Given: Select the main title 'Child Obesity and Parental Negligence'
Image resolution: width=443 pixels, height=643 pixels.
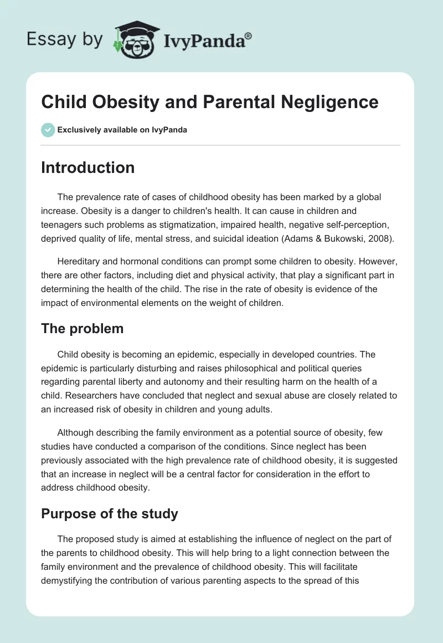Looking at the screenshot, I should (209, 102).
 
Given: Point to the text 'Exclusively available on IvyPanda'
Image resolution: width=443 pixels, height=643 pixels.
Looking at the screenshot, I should (122, 130).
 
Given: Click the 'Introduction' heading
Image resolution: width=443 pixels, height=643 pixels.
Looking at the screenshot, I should (87, 168).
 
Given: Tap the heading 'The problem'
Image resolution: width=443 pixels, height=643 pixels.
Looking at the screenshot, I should (82, 328).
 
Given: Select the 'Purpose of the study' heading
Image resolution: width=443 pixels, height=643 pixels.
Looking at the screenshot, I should (110, 514).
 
